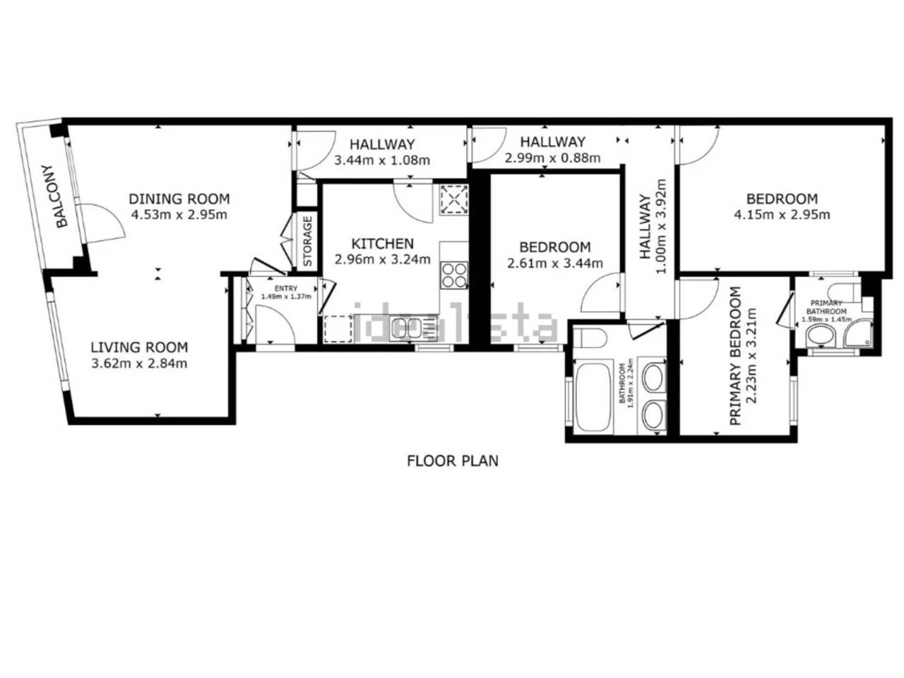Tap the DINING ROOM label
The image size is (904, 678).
coord(179,198)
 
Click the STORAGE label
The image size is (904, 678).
coord(308,241)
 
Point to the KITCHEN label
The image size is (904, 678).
coord(383,244)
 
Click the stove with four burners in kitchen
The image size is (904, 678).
coord(454,275)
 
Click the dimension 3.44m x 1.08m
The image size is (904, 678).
coord(382,160)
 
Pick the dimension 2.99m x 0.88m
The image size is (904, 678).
coord(552,158)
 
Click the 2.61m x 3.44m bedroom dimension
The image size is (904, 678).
coord(554,263)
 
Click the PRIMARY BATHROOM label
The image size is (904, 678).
coord(826,307)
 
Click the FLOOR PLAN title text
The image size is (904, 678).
coord(453,461)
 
